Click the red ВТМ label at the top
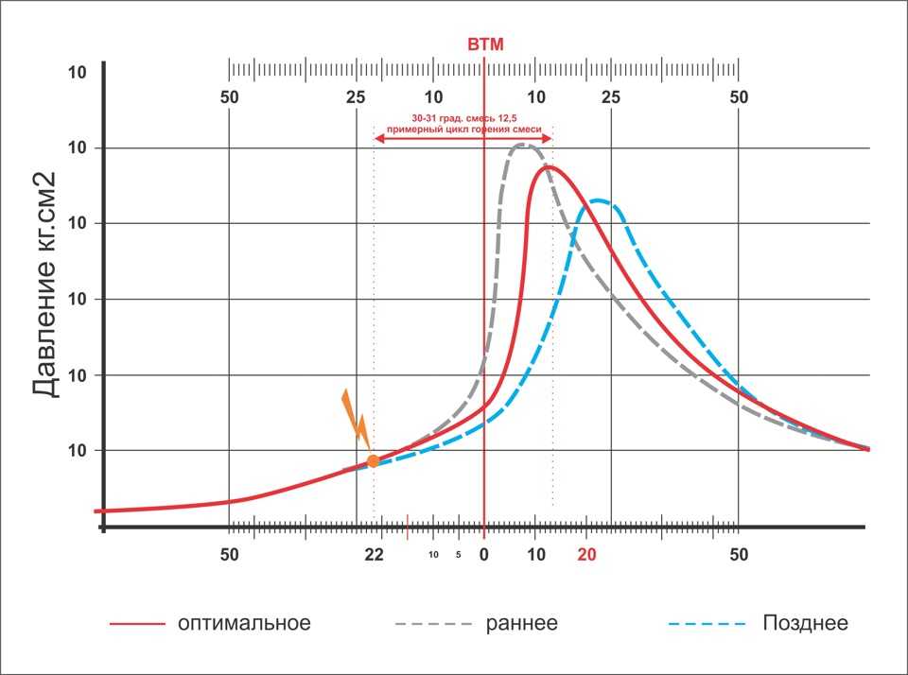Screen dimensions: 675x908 point(485,44)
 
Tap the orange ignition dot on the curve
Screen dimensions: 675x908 point(374,460)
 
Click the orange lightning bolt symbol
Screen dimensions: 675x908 point(355,416)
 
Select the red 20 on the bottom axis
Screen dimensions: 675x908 point(587,555)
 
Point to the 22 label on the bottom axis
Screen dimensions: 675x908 point(375,555)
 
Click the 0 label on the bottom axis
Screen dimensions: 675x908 point(483,555)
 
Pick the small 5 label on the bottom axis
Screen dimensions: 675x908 point(458,555)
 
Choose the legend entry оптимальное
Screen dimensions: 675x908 point(244,624)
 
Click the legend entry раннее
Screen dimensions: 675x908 point(522,624)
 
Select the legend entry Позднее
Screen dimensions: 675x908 point(805,624)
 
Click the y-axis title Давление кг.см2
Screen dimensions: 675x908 point(46,285)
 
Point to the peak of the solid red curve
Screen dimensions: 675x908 point(547,167)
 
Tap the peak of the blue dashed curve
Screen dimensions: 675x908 point(598,200)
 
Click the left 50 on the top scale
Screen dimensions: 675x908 point(229,97)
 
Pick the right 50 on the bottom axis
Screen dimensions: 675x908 point(739,555)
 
